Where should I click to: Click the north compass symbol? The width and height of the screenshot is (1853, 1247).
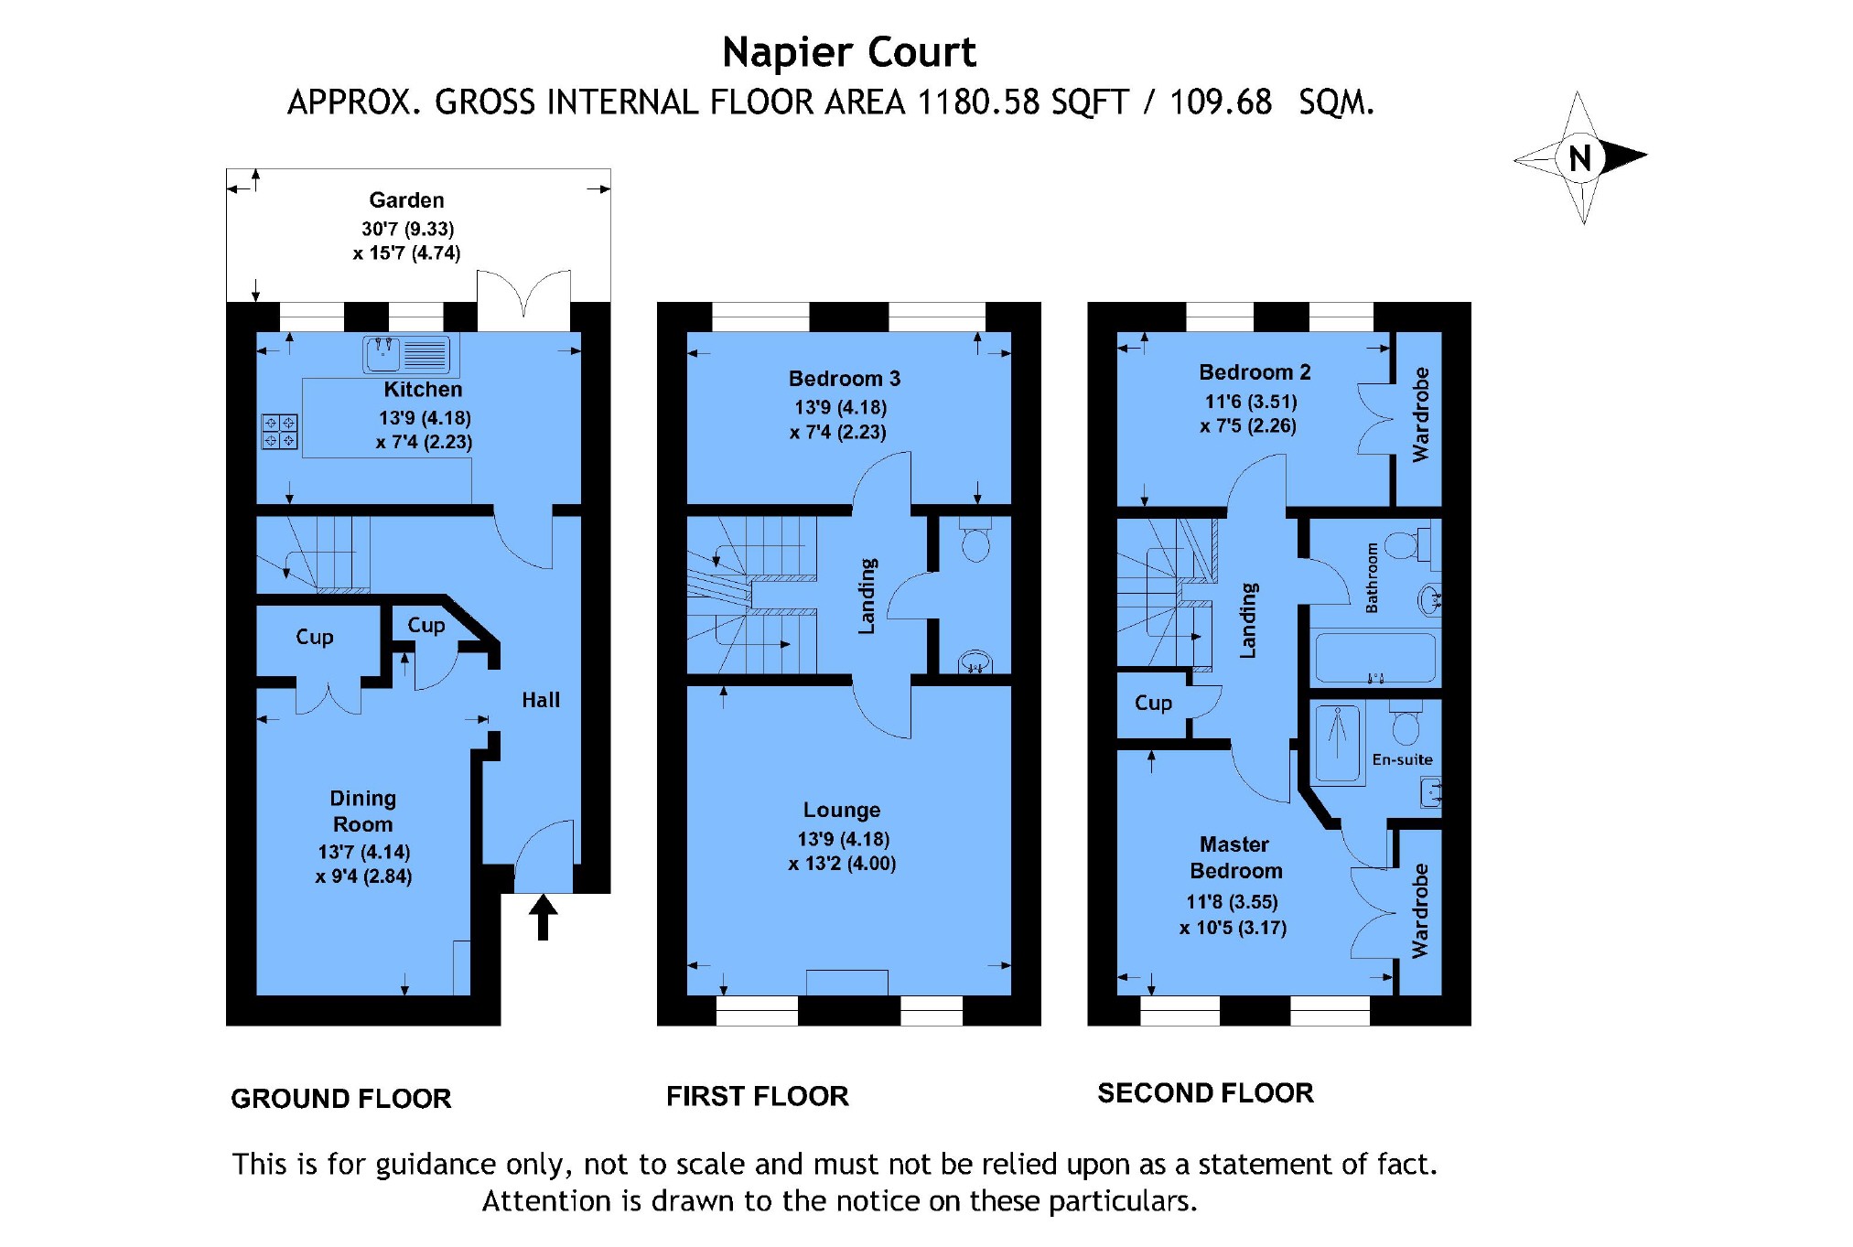[x=1580, y=157]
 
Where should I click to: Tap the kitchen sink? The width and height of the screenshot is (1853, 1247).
[x=407, y=355]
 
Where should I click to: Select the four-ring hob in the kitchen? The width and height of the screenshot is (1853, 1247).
[x=279, y=432]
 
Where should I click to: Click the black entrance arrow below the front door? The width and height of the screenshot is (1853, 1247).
[x=543, y=918]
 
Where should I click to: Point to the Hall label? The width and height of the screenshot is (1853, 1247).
[x=540, y=700]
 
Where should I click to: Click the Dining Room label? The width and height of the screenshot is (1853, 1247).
[x=363, y=811]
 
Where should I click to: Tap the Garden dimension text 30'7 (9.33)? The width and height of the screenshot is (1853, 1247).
[x=407, y=229]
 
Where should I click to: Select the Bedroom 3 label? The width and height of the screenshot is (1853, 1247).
[x=844, y=378]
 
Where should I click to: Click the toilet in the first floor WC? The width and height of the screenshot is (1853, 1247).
[x=975, y=542]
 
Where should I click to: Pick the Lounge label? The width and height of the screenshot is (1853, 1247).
[x=841, y=810]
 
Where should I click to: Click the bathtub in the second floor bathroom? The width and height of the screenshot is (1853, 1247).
[x=1374, y=658]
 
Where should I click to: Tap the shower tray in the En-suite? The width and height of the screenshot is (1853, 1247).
[x=1338, y=743]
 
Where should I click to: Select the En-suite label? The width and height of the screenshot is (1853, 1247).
[x=1402, y=759]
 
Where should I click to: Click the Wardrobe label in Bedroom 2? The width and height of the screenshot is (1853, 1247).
[x=1419, y=414]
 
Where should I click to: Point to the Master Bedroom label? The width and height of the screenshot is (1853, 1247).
[x=1234, y=857]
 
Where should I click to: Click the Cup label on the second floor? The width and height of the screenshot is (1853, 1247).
[x=1152, y=703]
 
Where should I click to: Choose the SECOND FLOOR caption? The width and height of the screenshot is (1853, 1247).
[x=1204, y=1092]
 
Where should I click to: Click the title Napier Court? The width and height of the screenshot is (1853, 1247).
[x=848, y=52]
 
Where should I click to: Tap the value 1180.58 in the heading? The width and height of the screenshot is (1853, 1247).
[x=978, y=102]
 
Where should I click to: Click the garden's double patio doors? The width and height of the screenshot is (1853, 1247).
[x=523, y=297]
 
